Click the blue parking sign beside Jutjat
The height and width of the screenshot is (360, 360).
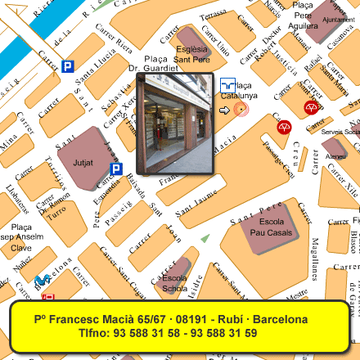click(x=116, y=169)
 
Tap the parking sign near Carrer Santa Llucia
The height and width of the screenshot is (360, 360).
click(x=67, y=66)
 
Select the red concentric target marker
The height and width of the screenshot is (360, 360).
click(x=240, y=109)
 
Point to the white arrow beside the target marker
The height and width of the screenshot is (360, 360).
click(x=224, y=110)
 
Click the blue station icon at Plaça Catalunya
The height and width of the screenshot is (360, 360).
click(x=227, y=83)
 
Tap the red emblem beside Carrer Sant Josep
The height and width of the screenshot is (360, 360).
click(x=311, y=107)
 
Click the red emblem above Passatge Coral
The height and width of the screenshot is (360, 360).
click(x=284, y=127)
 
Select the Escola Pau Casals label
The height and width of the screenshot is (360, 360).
click(x=271, y=227)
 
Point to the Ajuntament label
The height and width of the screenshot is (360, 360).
click(x=339, y=19)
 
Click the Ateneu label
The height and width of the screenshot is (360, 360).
click(x=335, y=156)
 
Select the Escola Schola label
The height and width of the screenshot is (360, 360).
click(x=174, y=282)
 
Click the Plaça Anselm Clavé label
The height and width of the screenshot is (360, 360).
click(x=20, y=237)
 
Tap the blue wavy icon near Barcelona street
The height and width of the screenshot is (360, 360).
click(x=42, y=281)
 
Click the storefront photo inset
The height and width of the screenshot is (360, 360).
click(x=174, y=124)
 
